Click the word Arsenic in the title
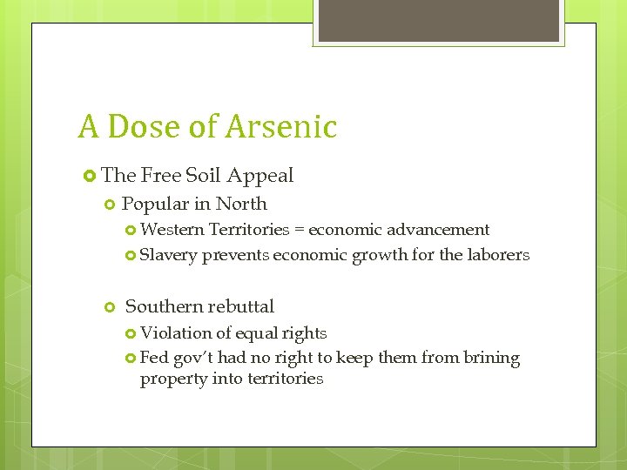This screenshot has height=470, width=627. point(281,127)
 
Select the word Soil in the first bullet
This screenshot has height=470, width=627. point(203,176)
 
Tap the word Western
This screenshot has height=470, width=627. point(172,230)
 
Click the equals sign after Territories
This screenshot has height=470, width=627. point(297,231)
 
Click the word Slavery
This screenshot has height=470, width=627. point(169,255)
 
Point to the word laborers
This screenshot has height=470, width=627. point(497,255)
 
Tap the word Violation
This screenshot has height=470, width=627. point(176,332)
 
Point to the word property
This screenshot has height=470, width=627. point(170,379)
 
